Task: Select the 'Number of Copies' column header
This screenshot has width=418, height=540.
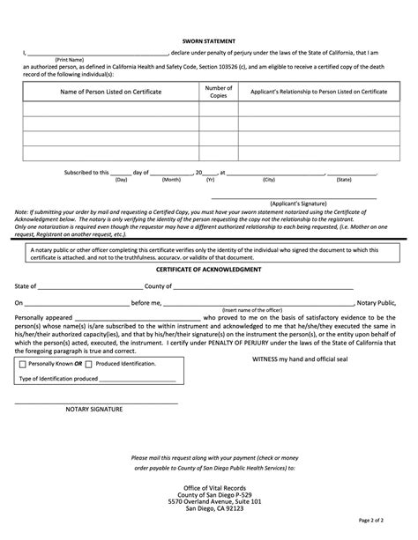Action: click(218, 92)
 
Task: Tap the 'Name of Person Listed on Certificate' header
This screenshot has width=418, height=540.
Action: click(110, 92)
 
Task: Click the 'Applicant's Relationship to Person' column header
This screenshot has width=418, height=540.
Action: click(318, 92)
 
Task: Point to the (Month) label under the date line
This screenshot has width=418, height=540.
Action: click(171, 179)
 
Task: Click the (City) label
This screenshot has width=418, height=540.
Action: click(268, 179)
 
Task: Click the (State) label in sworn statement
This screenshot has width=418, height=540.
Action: click(343, 179)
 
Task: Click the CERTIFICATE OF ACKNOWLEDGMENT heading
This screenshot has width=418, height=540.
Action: click(208, 270)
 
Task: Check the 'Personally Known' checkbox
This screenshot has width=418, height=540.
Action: click(22, 363)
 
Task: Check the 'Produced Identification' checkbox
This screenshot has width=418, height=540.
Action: click(88, 363)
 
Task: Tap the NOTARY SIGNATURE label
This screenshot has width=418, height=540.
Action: click(94, 409)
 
